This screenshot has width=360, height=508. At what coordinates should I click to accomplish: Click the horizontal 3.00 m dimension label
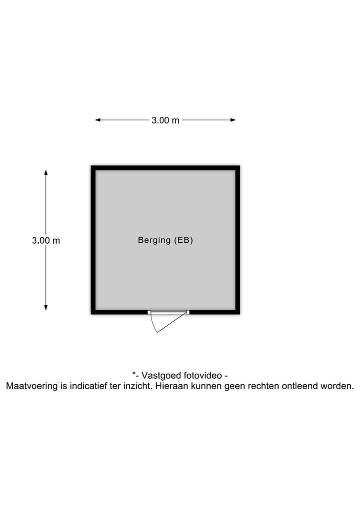165,120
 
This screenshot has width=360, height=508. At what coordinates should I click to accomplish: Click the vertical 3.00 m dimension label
46,240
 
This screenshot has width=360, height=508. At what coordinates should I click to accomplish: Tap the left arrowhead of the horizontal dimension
97,120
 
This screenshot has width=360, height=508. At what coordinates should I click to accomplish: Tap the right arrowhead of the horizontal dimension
233,120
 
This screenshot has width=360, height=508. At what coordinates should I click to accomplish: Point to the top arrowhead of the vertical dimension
46,172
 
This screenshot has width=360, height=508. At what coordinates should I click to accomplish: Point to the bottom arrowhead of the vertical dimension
46,308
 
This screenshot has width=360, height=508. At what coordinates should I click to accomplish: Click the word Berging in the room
154,240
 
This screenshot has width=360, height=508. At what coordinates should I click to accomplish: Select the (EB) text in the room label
183,240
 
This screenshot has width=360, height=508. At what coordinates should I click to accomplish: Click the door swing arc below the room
152,324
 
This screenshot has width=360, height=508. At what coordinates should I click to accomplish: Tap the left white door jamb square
149,312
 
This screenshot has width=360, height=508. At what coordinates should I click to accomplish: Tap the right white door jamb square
188,312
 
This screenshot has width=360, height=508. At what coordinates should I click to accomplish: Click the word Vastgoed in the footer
161,376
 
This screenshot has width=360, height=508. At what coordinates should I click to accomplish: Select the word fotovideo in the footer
202,376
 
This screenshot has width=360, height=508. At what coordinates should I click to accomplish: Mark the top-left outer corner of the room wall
91,165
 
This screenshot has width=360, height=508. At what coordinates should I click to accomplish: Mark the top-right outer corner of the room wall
240,165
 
